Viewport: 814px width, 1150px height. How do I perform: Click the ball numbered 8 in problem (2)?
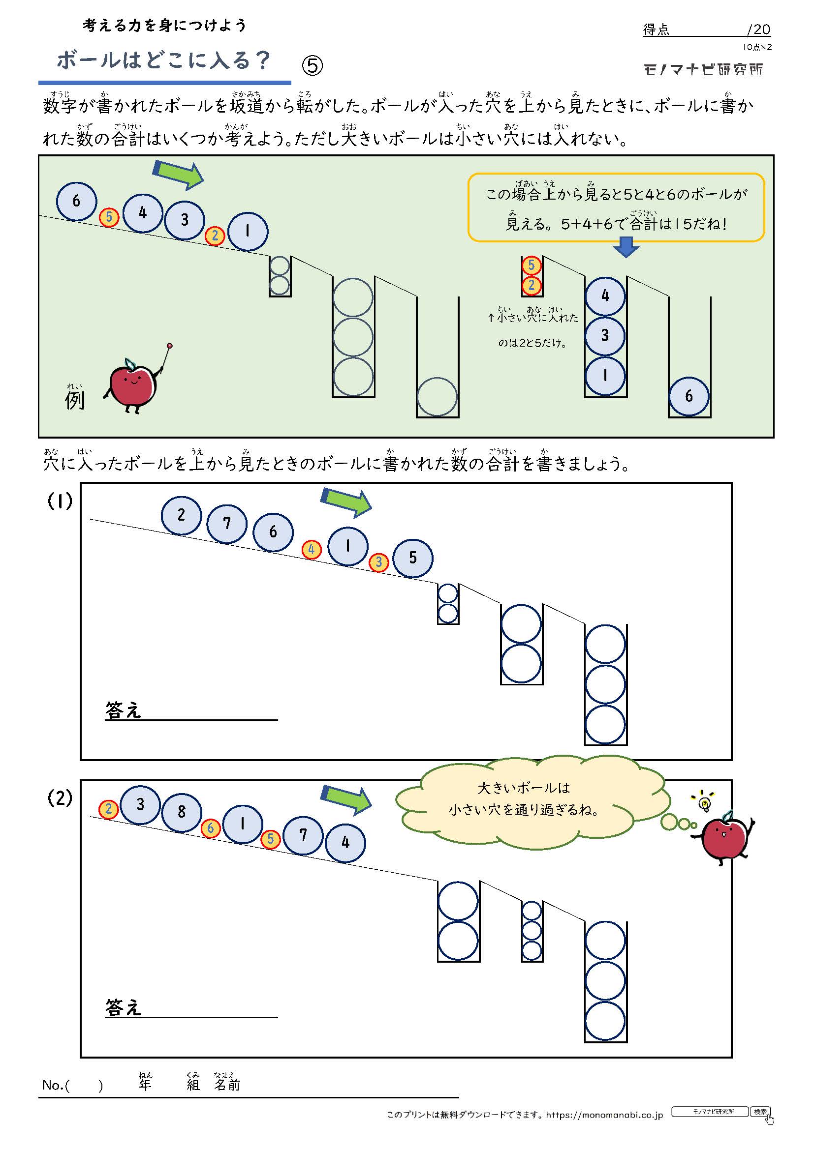(182, 812)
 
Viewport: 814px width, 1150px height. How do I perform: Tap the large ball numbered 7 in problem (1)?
(227, 524)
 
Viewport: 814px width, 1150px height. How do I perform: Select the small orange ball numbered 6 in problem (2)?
(211, 828)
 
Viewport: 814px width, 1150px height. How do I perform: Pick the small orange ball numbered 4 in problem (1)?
(311, 550)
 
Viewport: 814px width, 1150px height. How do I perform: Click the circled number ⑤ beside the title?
(313, 65)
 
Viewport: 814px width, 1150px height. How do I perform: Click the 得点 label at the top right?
(656, 30)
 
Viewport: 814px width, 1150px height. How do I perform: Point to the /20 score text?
(758, 29)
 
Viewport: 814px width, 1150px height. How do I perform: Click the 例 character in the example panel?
(75, 400)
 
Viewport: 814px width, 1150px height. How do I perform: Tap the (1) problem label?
(60, 501)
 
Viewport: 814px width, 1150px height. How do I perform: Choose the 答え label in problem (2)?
(124, 1007)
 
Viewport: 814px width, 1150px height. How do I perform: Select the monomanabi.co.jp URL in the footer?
(604, 1115)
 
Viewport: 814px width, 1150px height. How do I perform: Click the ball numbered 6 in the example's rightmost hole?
(689, 396)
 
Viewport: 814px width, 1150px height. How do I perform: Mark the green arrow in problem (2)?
(347, 799)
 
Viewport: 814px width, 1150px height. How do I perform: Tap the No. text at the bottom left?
(53, 1086)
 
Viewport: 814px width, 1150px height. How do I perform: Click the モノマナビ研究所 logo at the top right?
(703, 70)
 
